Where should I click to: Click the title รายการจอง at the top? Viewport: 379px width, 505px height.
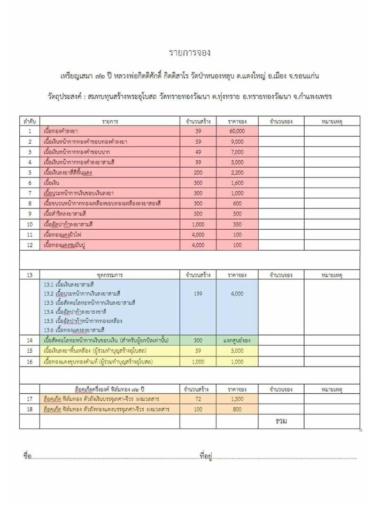(189, 52)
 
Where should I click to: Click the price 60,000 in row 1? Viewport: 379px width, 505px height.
(236, 131)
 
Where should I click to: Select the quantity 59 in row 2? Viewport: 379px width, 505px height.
(198, 142)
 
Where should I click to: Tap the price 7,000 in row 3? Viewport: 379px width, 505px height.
(236, 152)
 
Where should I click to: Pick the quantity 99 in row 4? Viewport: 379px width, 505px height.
(198, 162)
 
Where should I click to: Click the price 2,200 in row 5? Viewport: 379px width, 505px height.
(236, 173)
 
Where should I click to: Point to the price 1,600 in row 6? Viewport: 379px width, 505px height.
(236, 183)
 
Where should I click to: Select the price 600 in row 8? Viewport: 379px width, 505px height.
(236, 204)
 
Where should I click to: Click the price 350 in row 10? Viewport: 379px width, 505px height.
(236, 224)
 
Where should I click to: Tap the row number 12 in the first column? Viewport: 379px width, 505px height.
(30, 245)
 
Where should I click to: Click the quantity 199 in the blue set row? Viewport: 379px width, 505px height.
(198, 293)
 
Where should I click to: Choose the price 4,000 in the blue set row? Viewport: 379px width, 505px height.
(236, 293)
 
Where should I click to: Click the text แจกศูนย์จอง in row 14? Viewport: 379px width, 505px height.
(236, 340)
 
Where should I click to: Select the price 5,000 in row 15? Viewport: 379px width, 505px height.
(236, 351)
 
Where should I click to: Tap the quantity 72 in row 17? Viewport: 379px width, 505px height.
(198, 399)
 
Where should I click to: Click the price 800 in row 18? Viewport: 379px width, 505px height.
(236, 410)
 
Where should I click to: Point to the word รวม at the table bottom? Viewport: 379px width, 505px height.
(281, 421)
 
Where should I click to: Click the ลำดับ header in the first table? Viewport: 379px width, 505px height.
(30, 121)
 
